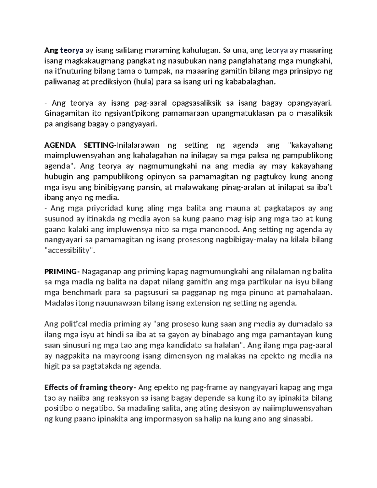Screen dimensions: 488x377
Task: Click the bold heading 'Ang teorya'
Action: pos(64,50)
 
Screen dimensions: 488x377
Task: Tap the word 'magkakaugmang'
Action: pos(90,61)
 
